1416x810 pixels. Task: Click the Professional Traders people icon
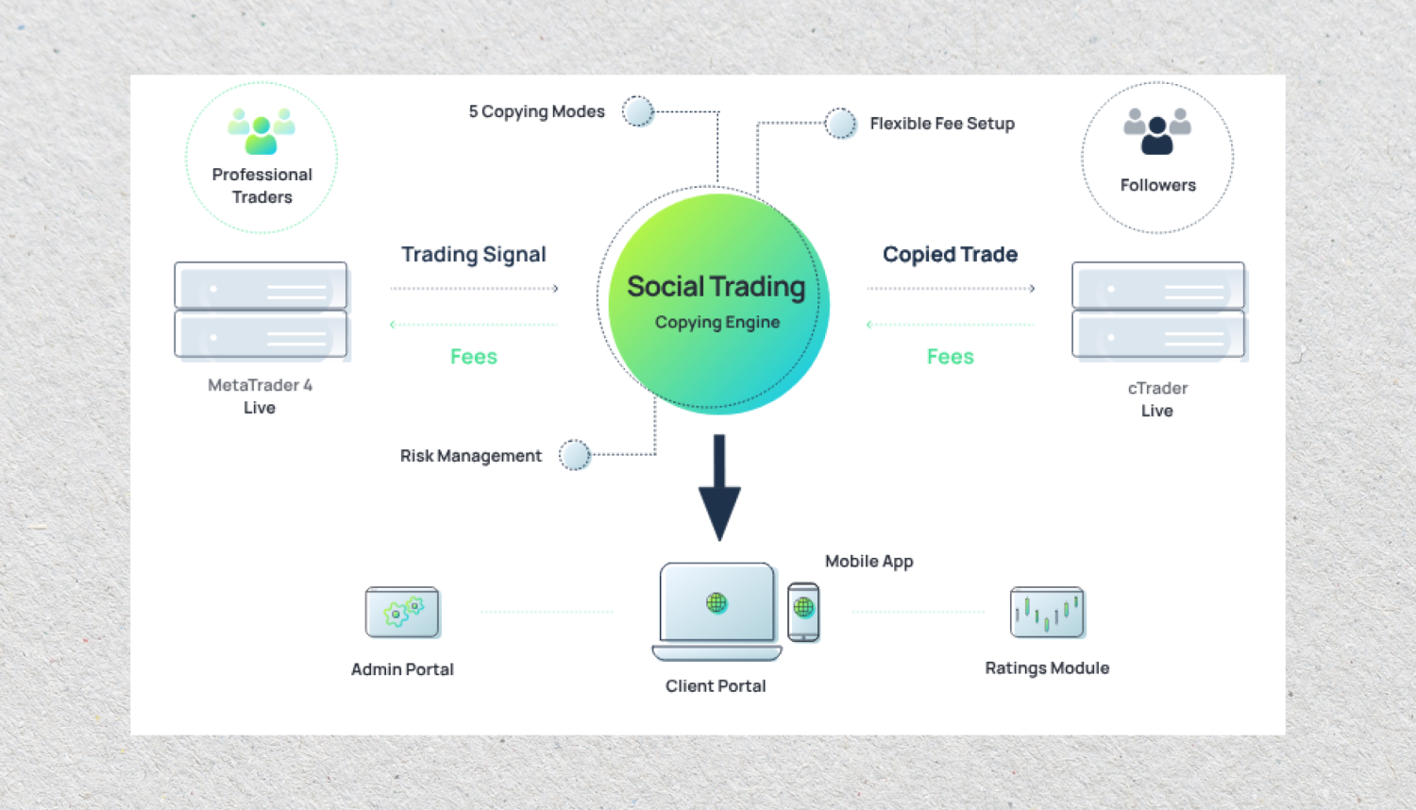tap(261, 130)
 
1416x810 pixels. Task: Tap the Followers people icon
tap(1157, 130)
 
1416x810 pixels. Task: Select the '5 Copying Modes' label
tap(536, 111)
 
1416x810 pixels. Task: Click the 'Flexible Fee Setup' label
tap(942, 124)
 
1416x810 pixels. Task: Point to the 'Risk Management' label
tap(470, 456)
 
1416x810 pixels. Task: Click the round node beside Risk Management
tap(574, 455)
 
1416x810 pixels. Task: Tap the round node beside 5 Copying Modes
tap(638, 111)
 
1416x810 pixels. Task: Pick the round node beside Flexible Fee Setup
tap(839, 123)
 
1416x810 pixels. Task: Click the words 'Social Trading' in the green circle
tap(716, 287)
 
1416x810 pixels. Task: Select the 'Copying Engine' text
tap(717, 322)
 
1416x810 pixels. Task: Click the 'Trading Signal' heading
tap(473, 255)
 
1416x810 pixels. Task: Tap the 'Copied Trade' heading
tap(950, 255)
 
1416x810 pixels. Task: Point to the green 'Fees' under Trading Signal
tap(473, 357)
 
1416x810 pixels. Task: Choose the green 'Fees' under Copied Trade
tap(950, 357)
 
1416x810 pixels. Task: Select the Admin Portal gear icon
tap(402, 613)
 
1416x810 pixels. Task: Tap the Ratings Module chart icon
tap(1047, 613)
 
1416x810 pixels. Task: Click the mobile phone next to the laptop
tap(803, 612)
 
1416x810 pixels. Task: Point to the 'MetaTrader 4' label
tap(260, 385)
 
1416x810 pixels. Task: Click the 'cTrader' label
tap(1157, 388)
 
